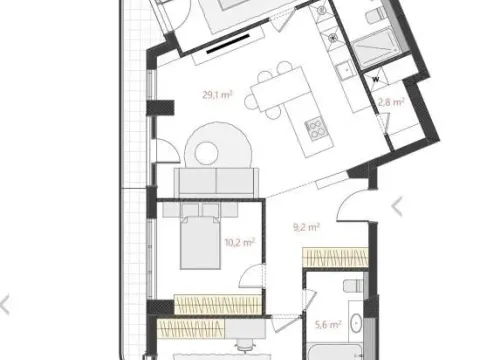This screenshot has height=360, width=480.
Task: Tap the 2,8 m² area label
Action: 390,101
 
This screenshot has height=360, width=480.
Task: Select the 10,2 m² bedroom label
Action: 239,241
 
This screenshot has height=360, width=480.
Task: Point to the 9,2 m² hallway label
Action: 306,227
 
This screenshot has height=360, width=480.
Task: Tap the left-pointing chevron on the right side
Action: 397,206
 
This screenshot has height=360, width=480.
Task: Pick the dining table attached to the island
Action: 269,93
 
